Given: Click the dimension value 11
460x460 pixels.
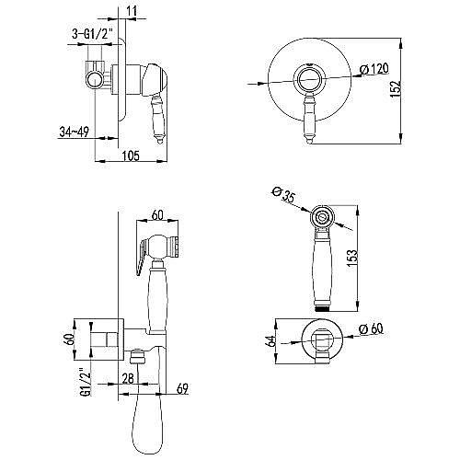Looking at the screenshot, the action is [132, 11].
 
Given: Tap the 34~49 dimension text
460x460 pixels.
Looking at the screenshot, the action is [74, 132].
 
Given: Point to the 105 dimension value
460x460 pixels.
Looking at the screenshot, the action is [131, 155].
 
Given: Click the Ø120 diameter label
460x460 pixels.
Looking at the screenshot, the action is [374, 69].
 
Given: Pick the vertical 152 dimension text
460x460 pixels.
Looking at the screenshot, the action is [396, 89].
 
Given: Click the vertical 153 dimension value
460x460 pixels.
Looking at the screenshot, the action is [352, 258].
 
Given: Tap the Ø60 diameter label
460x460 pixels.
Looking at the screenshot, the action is [372, 329].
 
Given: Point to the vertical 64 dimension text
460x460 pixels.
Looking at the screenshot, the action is [270, 341].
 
